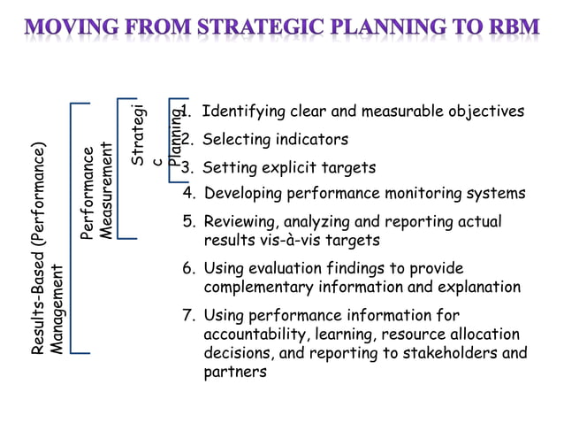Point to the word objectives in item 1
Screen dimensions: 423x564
click(x=482, y=112)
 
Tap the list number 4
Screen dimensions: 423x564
click(x=188, y=193)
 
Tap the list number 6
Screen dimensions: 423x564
click(x=188, y=268)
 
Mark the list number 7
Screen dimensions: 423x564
click(x=188, y=316)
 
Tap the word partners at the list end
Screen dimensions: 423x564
click(x=235, y=373)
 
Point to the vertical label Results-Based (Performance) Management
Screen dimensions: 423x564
click(x=47, y=248)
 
